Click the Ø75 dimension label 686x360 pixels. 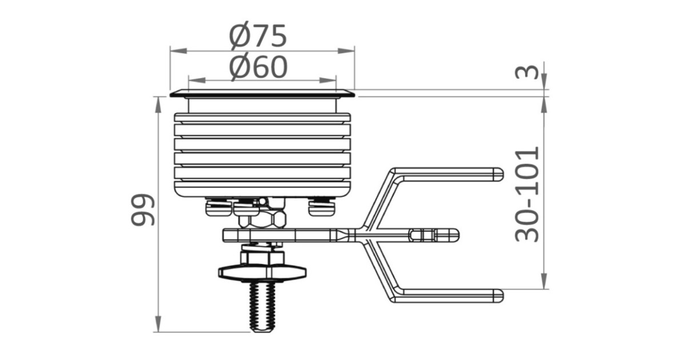tap(258, 36)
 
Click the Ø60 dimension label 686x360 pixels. tap(258, 67)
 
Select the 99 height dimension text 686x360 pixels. tap(143, 210)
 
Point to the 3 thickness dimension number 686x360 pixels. tap(527, 72)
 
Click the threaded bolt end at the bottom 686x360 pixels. tap(262, 307)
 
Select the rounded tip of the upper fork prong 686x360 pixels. tap(498, 174)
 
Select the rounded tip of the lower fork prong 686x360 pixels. tap(498, 296)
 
